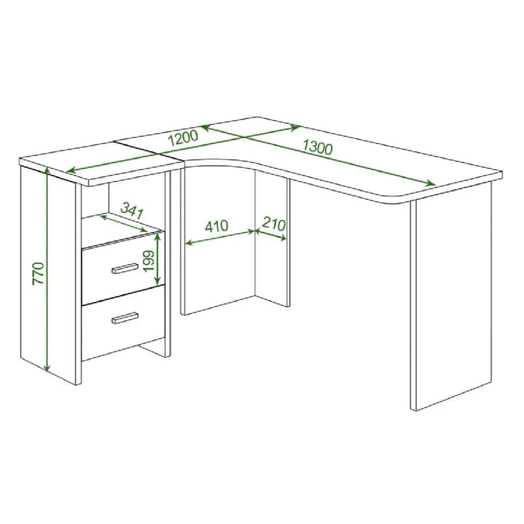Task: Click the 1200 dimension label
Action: (x=183, y=138)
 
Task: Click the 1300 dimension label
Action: (x=318, y=147)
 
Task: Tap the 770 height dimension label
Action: (x=39, y=274)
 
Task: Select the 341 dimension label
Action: (x=132, y=210)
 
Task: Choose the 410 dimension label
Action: (x=216, y=226)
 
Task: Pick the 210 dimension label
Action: (x=274, y=223)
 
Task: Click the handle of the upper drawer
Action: (x=125, y=268)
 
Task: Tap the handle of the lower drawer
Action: (x=125, y=318)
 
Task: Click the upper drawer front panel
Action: (x=123, y=268)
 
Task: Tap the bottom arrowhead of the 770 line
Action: (x=48, y=368)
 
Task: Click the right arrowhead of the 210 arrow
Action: (x=283, y=238)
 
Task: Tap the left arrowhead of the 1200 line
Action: (x=71, y=171)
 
